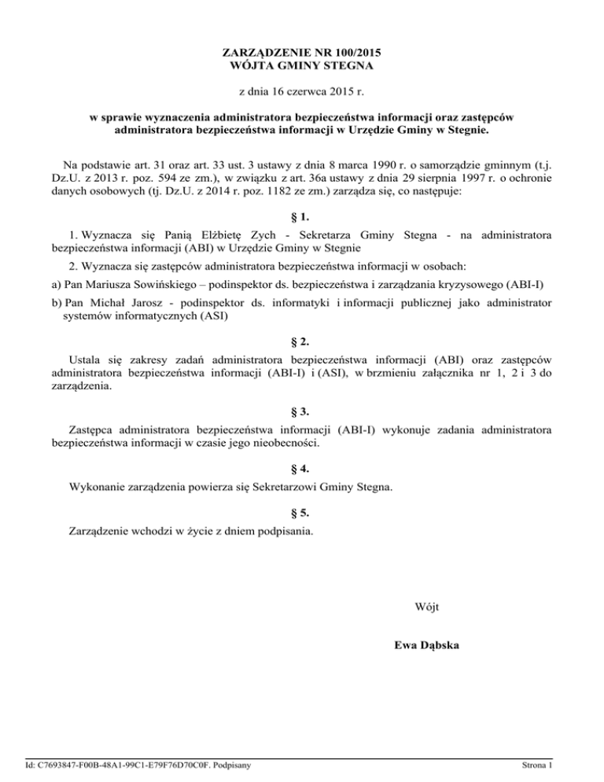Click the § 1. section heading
(302, 215)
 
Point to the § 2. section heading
(302, 342)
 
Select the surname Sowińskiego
(188, 284)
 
